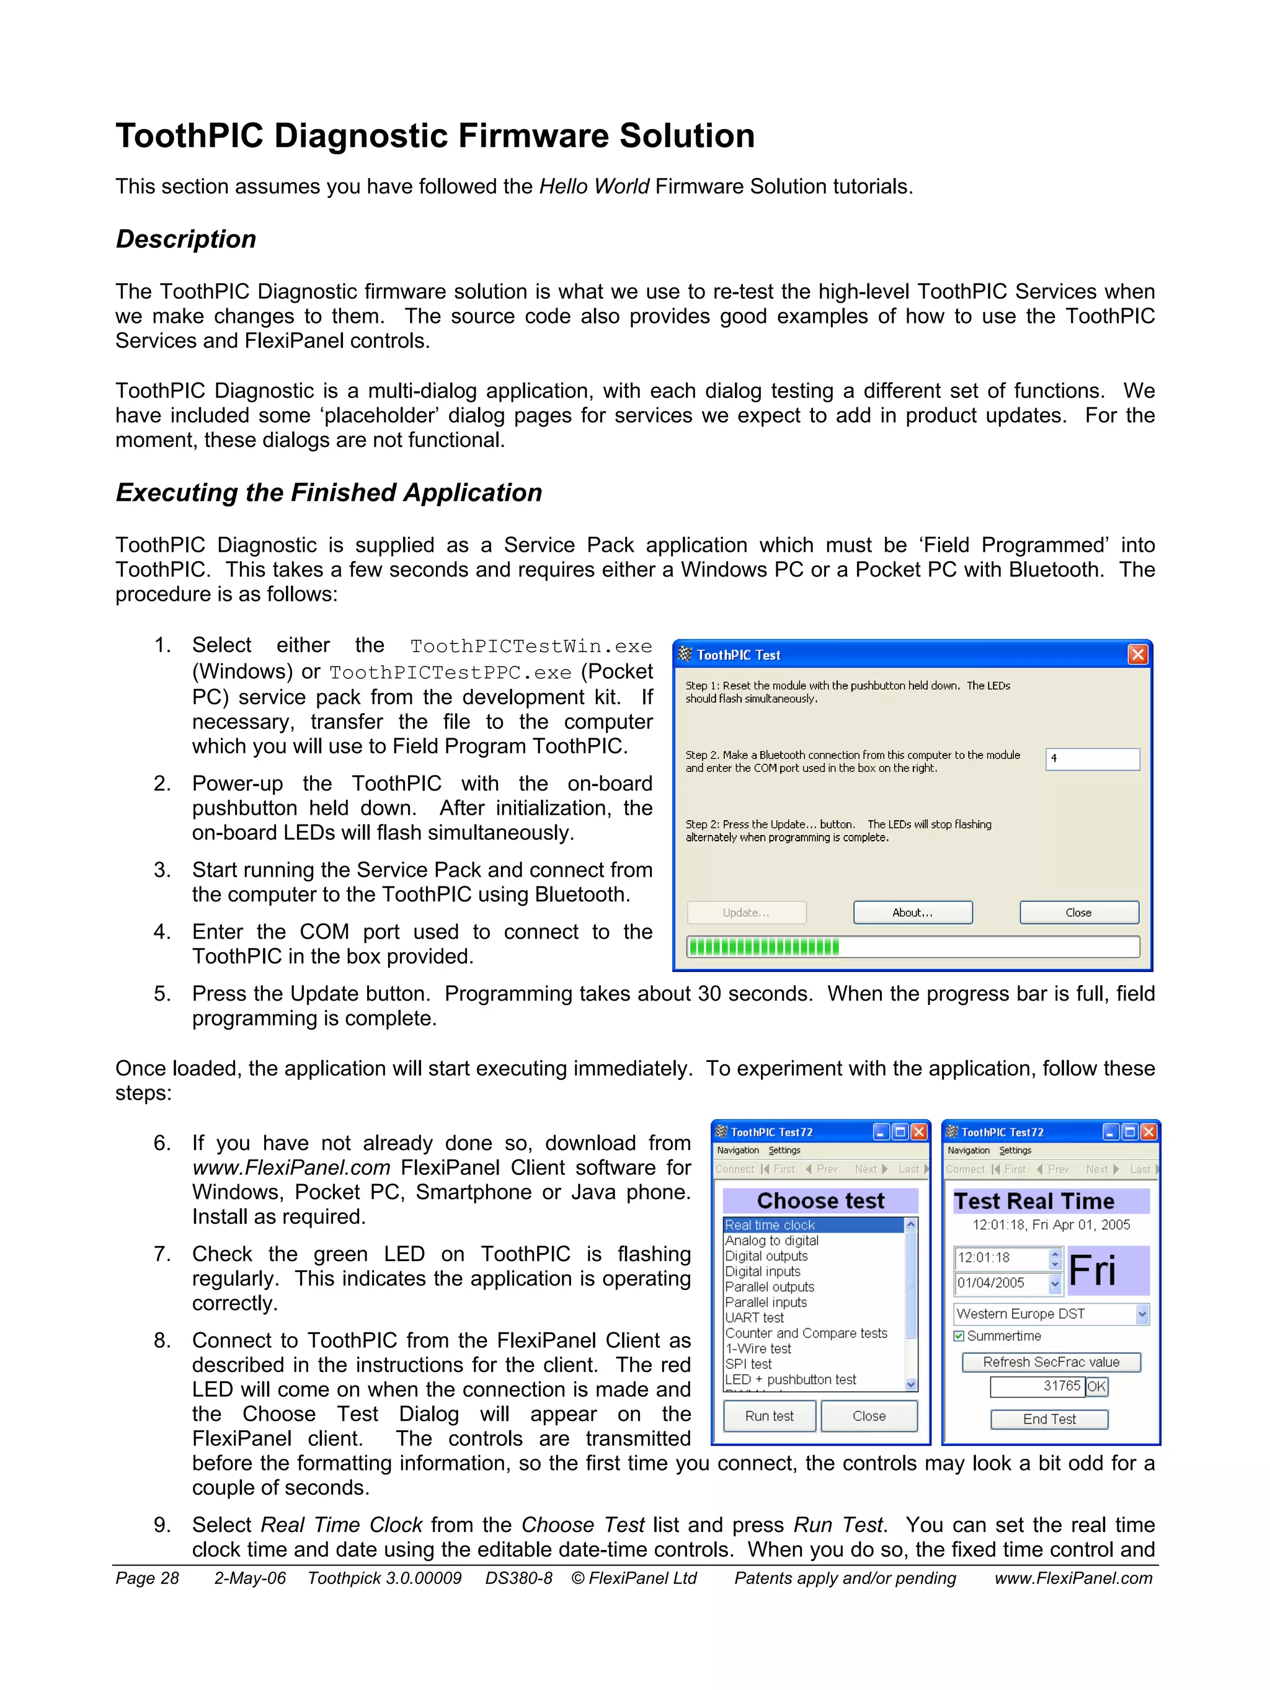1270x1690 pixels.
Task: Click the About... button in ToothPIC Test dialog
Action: coord(912,912)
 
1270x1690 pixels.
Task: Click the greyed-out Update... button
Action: coord(746,912)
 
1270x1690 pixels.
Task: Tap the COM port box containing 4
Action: coord(1092,759)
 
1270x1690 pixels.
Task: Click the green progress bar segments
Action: coord(763,947)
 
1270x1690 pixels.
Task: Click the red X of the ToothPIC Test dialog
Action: coord(1137,655)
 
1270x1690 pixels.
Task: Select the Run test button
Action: coord(769,1416)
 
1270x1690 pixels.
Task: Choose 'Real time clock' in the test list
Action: coord(770,1224)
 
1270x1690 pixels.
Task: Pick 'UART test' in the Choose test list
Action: coord(754,1317)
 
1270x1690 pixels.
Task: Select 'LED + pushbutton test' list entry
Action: coord(790,1379)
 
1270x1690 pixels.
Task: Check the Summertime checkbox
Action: coord(959,1335)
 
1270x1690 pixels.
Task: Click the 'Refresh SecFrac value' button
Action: coord(1050,1361)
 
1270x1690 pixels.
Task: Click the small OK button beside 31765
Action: coord(1096,1386)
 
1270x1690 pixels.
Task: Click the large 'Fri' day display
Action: coord(1093,1270)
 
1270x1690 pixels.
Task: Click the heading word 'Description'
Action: coord(185,239)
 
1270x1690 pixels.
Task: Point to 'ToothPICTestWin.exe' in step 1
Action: coord(530,647)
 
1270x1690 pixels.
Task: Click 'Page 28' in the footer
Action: coord(147,1578)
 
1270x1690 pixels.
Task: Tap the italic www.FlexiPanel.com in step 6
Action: coord(291,1167)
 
